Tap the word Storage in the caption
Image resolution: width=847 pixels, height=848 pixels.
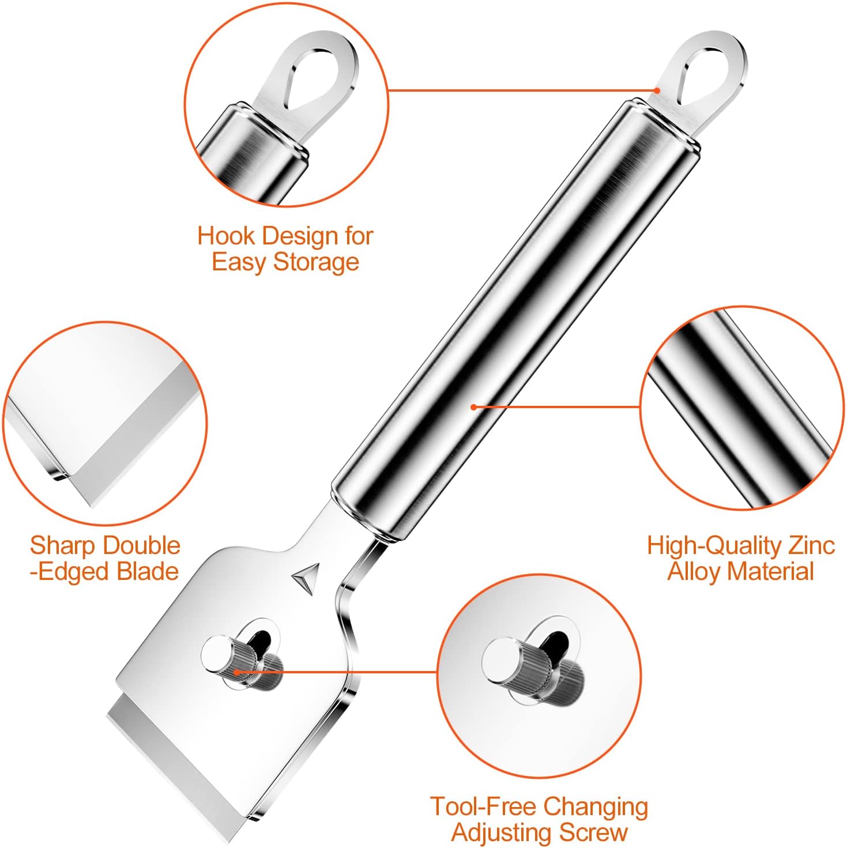tap(316, 262)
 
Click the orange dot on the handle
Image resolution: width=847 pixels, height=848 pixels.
tap(474, 407)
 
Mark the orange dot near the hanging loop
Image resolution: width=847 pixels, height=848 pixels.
tap(656, 91)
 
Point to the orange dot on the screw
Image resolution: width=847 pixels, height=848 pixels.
tap(236, 672)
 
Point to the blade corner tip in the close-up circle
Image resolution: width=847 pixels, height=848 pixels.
tap(92, 507)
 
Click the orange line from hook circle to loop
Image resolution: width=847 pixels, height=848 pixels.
tap(522, 91)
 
